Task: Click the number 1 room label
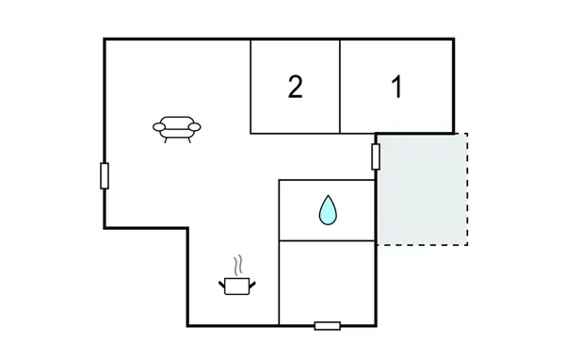click(x=396, y=87)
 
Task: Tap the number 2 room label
click(x=295, y=87)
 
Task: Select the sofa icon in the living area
click(x=179, y=128)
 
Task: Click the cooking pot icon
click(x=236, y=284)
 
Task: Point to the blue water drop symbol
click(x=327, y=209)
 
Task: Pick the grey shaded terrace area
click(x=422, y=188)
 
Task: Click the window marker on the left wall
click(x=105, y=175)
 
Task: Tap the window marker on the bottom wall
click(x=327, y=326)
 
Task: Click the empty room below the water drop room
click(x=327, y=282)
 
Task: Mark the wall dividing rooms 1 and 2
click(x=340, y=87)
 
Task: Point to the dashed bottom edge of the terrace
click(x=422, y=245)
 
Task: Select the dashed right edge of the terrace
click(x=468, y=188)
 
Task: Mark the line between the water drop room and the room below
click(x=327, y=239)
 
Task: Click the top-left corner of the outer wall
click(x=104, y=39)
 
